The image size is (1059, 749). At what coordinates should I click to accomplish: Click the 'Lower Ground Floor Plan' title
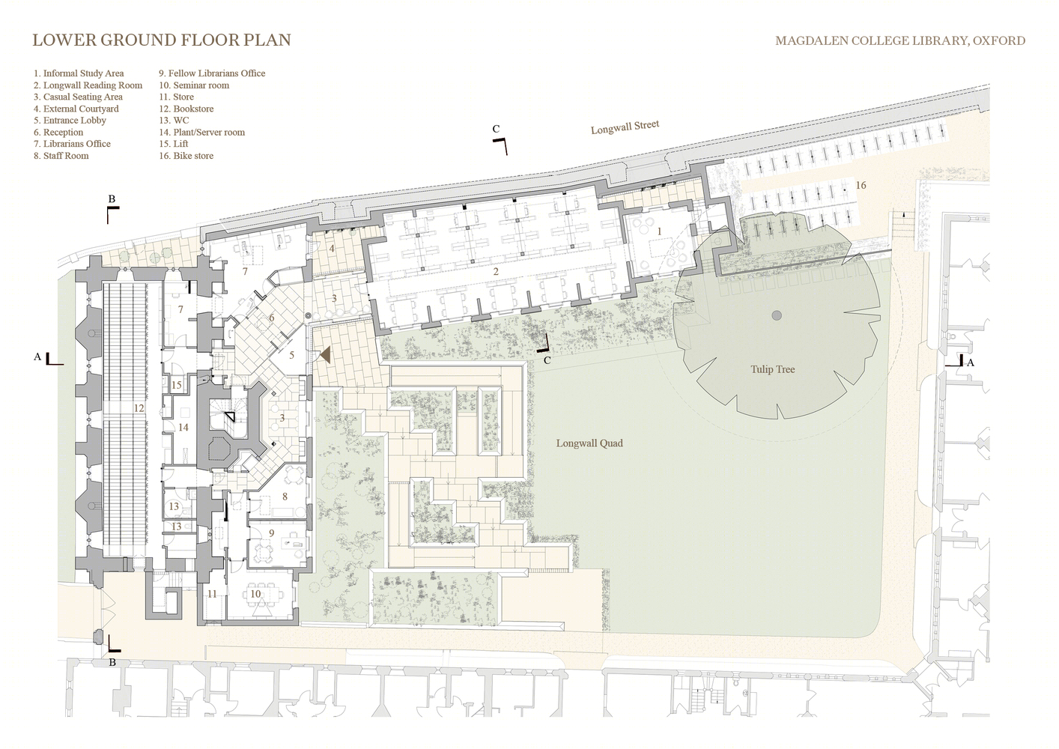[x=162, y=40]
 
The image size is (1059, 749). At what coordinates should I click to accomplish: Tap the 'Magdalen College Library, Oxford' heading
[x=900, y=40]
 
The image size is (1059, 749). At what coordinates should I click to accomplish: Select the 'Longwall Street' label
[x=625, y=127]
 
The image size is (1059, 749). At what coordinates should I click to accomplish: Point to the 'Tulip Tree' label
[x=772, y=369]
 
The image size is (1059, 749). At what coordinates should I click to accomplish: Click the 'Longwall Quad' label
[x=589, y=443]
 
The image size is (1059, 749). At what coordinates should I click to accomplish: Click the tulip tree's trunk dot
[x=777, y=315]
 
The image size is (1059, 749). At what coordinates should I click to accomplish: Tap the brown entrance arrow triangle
[x=325, y=354]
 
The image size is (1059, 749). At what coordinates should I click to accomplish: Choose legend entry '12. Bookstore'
[x=186, y=109]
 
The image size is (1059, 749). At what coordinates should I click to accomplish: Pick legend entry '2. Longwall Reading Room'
[x=88, y=85]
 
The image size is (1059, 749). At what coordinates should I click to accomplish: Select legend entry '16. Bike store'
[x=186, y=156]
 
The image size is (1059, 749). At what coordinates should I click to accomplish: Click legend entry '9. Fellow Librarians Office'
[x=212, y=73]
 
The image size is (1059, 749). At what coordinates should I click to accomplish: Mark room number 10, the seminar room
[x=255, y=593]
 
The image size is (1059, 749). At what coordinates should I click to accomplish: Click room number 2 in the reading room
[x=496, y=271]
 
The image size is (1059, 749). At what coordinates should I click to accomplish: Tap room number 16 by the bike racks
[x=861, y=185]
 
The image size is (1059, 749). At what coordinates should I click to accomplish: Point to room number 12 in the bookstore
[x=139, y=408]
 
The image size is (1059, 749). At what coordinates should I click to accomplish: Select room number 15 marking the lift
[x=176, y=385]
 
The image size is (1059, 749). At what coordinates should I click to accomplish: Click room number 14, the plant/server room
[x=183, y=428]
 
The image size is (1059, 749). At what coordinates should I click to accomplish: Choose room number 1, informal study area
[x=660, y=231]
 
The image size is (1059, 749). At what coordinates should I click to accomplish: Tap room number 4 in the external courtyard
[x=332, y=248]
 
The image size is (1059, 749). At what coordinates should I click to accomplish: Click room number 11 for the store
[x=212, y=594]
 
